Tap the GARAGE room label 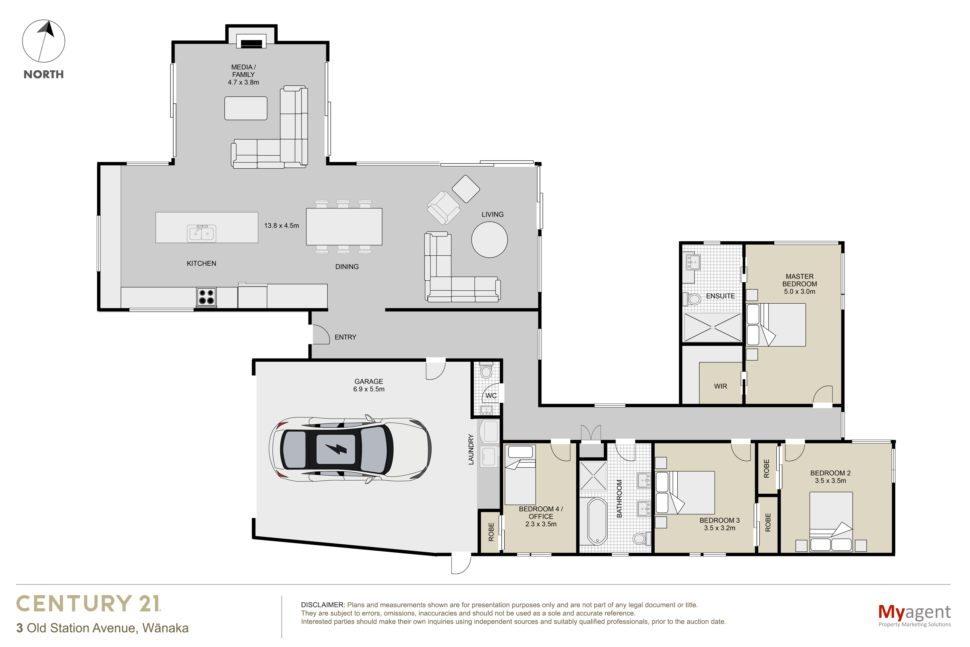point(369,382)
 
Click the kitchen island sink point(201,233)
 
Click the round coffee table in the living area point(489,240)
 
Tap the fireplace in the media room point(251,43)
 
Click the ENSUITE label point(720,296)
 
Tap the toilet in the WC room point(486,371)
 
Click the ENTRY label point(345,337)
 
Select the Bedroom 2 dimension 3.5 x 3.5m point(830,481)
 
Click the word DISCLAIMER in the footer point(323,605)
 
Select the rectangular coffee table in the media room point(246,108)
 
